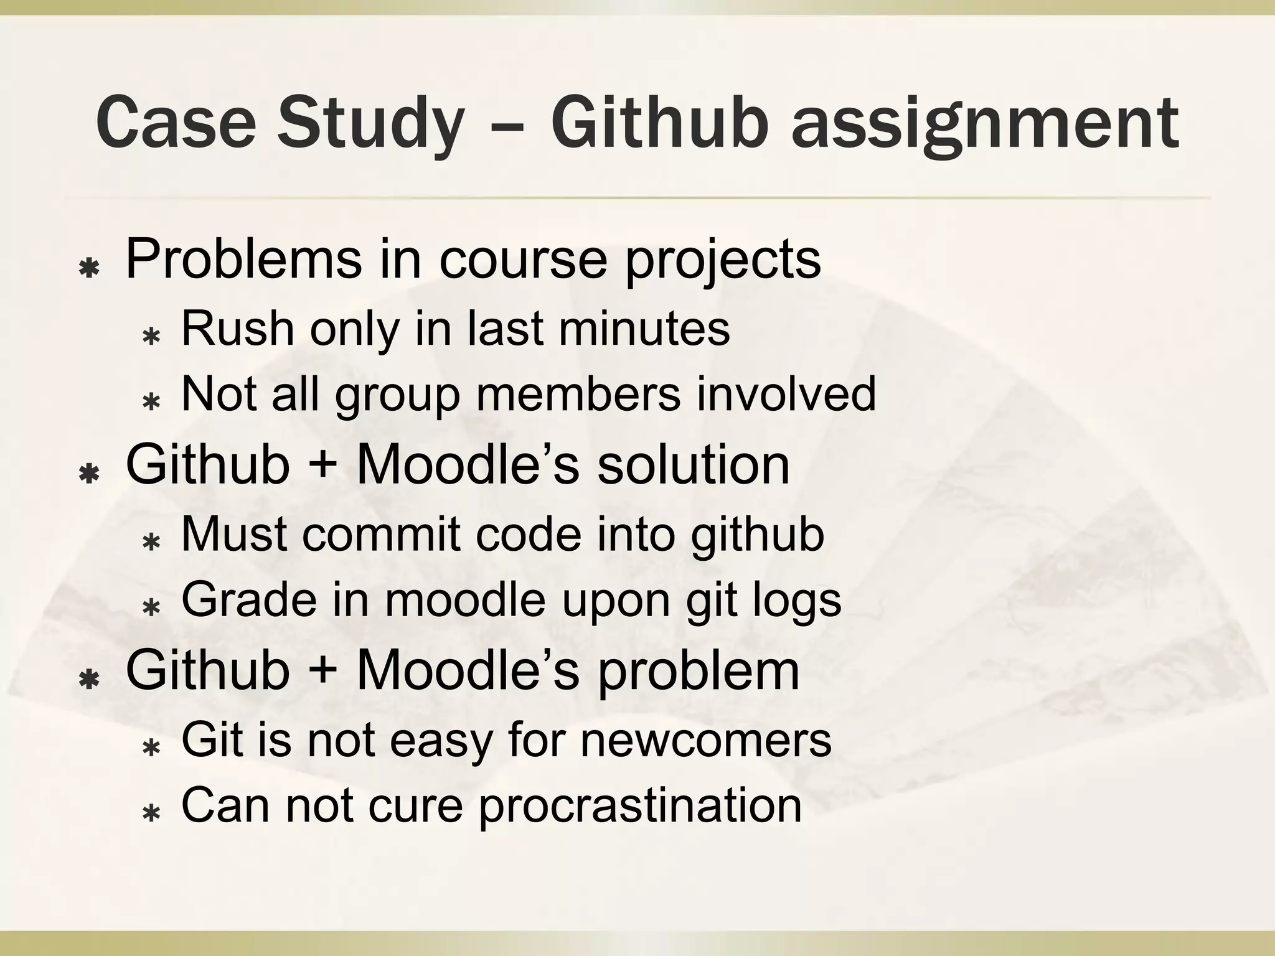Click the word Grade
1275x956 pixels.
(x=248, y=601)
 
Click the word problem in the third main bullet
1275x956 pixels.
(x=698, y=672)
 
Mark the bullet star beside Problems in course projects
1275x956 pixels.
(x=90, y=269)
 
